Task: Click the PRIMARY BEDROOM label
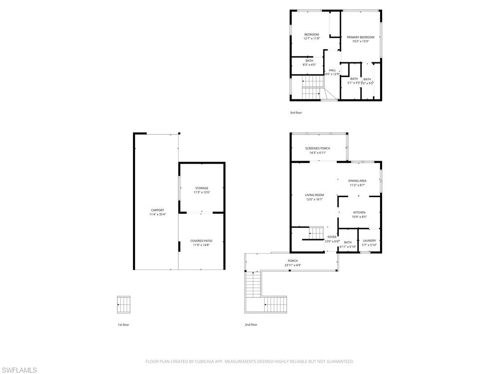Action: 361,37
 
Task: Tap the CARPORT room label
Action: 157,210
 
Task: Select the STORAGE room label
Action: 202,188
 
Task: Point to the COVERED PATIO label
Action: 201,241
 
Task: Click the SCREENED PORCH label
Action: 318,148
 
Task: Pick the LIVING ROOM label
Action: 314,195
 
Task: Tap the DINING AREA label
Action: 357,181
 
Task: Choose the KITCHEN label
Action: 359,212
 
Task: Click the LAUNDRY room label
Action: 369,240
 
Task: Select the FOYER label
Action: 332,237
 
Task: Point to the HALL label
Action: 332,70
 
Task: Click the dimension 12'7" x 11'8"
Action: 311,38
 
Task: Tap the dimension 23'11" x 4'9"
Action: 292,265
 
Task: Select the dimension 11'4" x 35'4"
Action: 157,214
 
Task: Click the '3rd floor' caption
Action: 296,112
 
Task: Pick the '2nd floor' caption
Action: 251,324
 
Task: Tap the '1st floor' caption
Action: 123,324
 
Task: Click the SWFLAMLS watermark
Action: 19,370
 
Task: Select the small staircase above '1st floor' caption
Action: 124,305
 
